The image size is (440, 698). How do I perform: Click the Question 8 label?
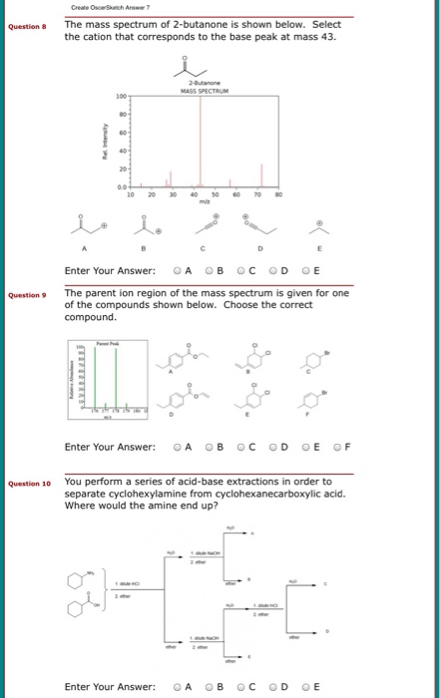pyautogui.click(x=28, y=28)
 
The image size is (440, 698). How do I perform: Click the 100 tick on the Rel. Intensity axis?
pyautogui.click(x=120, y=96)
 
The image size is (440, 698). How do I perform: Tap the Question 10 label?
pyautogui.click(x=30, y=484)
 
